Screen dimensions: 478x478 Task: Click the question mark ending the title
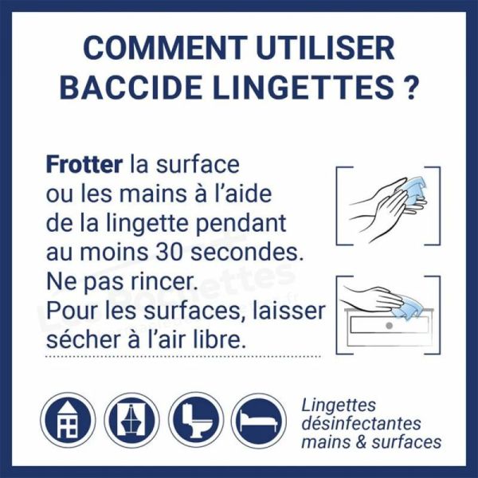click(409, 88)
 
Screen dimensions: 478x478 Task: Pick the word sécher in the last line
click(80, 339)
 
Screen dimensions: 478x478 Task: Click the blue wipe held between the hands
click(414, 192)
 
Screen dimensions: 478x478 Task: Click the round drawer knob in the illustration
click(387, 327)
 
